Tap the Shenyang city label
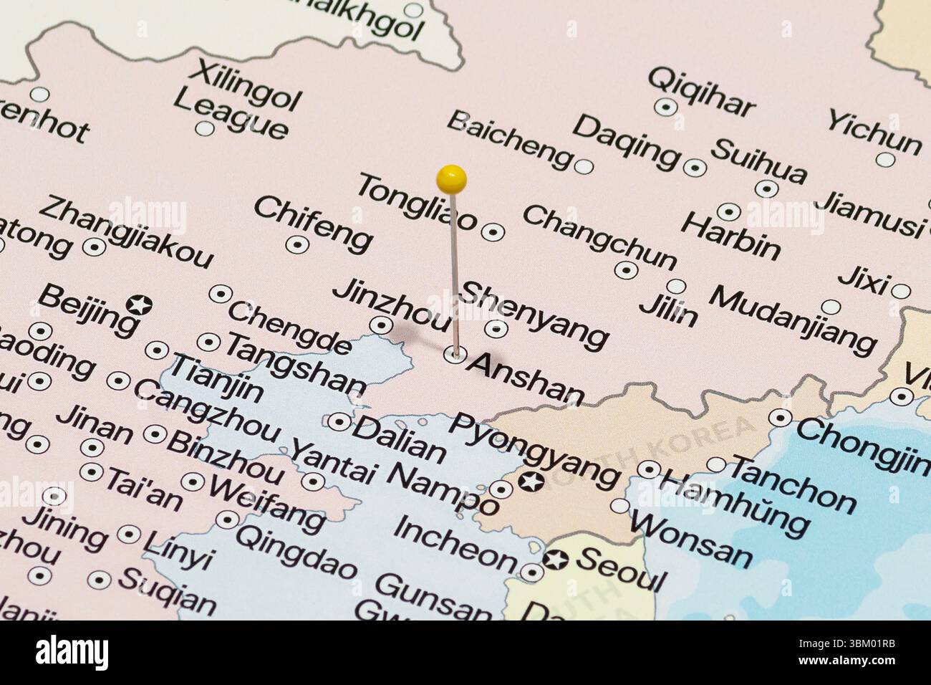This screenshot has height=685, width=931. pos(533,313)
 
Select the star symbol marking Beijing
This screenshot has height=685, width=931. pos(138,305)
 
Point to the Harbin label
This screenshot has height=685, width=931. pos(730,235)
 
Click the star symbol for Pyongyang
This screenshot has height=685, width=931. pos(530,483)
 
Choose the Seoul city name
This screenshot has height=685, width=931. pos(622,569)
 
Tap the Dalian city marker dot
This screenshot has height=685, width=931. pos(339,421)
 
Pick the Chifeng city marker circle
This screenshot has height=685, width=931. pos(296,244)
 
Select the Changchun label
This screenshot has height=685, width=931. pos(599,235)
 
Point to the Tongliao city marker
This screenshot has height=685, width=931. pos(493,231)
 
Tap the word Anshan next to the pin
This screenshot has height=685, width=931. pos(526,378)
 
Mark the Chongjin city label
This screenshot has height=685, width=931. pos(862,443)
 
